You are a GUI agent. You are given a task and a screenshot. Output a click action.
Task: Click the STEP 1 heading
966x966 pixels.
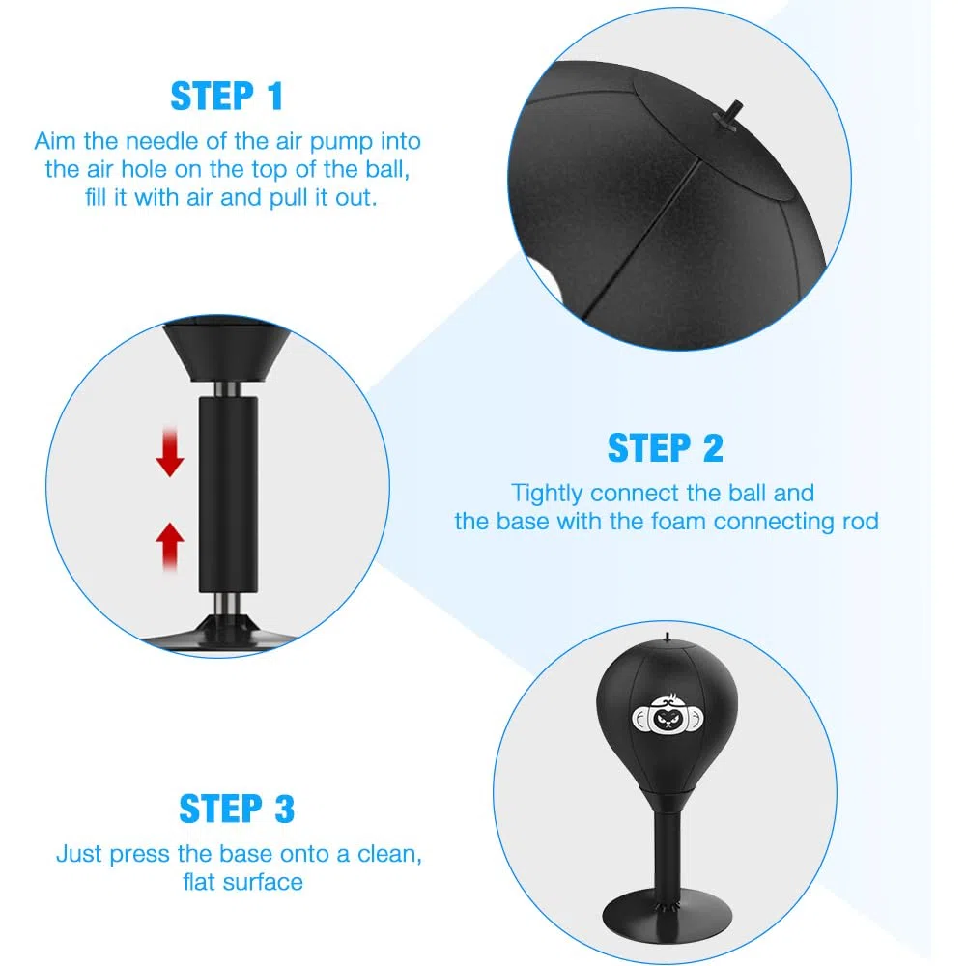point(227,97)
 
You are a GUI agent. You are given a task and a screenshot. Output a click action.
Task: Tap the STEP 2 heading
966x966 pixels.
point(666,448)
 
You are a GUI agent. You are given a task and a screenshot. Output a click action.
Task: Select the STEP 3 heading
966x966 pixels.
point(238,809)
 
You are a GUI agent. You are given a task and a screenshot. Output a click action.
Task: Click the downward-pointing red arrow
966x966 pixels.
point(170,453)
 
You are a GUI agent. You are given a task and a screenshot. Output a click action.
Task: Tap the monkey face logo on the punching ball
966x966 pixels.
point(668,715)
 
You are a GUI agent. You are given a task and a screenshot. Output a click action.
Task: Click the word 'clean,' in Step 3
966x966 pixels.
point(389,855)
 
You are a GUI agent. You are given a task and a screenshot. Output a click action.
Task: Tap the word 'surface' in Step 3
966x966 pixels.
point(263,882)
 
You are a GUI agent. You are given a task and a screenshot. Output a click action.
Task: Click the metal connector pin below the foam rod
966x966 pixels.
point(228,605)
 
